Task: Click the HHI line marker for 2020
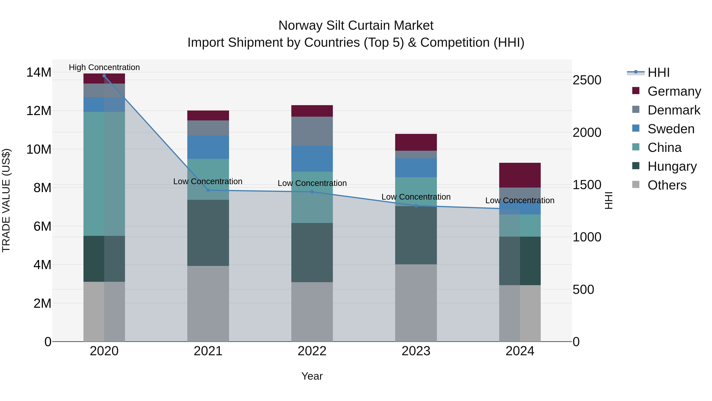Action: pos(104,76)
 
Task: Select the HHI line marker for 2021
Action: pos(208,190)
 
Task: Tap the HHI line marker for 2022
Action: pos(312,192)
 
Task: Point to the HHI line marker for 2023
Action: pos(416,206)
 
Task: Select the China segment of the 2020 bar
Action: pos(104,174)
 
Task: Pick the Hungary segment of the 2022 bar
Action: pos(312,252)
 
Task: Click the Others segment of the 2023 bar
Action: pos(416,303)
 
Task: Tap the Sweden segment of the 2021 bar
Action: pos(208,147)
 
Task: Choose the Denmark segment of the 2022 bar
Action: pos(312,131)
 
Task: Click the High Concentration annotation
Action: pos(104,67)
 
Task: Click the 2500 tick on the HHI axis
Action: pos(587,80)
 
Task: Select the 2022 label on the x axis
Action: pos(312,351)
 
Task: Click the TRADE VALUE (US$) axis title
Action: pos(6,200)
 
